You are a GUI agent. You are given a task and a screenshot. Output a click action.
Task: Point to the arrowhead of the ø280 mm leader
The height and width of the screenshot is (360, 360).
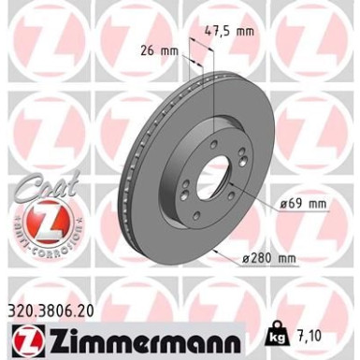click(217, 252)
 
